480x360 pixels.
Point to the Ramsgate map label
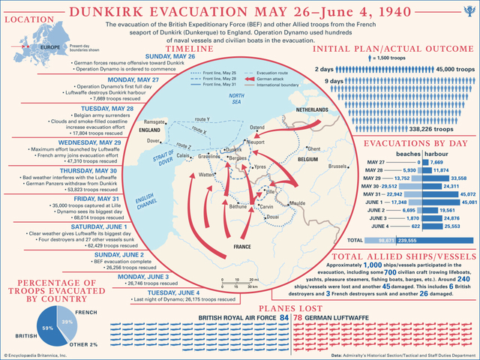[155, 121]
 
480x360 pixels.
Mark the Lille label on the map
[269, 191]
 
